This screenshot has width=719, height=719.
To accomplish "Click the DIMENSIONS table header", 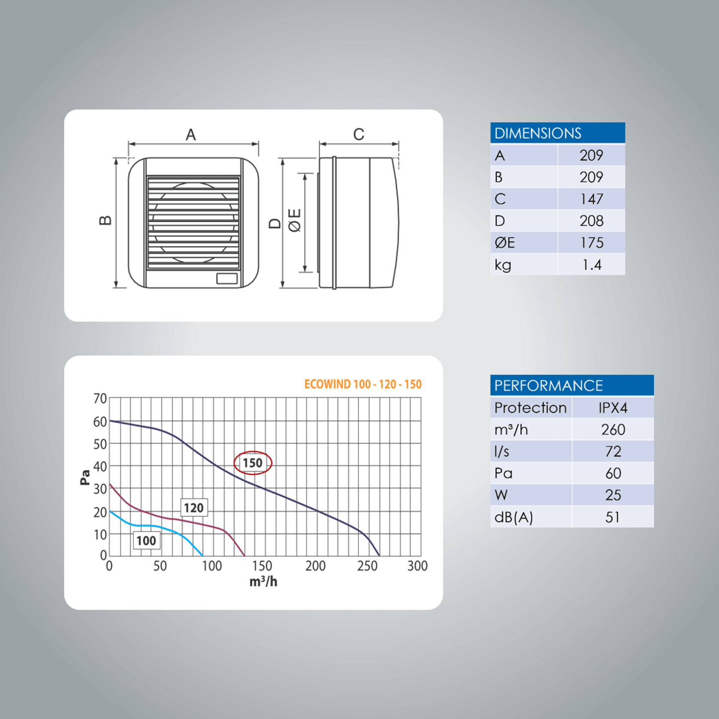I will (x=557, y=133).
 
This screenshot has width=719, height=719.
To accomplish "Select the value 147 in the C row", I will (x=591, y=199).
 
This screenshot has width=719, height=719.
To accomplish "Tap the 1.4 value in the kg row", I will (x=591, y=265).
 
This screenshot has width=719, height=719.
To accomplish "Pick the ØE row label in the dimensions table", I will (x=505, y=243).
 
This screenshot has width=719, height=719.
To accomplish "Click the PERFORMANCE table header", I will (x=571, y=385).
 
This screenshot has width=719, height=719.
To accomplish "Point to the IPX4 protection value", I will (x=613, y=408).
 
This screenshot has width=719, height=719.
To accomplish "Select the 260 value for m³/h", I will (x=613, y=429).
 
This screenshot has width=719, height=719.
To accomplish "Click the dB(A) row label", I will (x=514, y=517).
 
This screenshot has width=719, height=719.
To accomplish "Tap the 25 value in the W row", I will (x=613, y=495).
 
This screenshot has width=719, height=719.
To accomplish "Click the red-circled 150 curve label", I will (x=253, y=463).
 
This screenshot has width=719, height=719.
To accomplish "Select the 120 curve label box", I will (x=194, y=508).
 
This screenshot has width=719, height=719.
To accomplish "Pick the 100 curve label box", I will (x=146, y=541).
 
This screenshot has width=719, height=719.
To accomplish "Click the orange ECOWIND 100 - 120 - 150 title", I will (x=363, y=384).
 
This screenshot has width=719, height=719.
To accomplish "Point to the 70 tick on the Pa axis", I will (x=100, y=399).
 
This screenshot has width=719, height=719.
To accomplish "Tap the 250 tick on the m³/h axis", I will (x=367, y=566).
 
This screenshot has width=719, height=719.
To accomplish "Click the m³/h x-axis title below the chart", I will (x=263, y=582).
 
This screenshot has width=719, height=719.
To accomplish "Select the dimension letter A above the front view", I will (x=190, y=135).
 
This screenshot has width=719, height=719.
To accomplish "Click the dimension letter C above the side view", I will (x=359, y=134).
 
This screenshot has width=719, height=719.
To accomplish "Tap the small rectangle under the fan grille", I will (x=227, y=278).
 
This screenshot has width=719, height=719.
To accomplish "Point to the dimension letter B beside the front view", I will (x=105, y=221).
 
